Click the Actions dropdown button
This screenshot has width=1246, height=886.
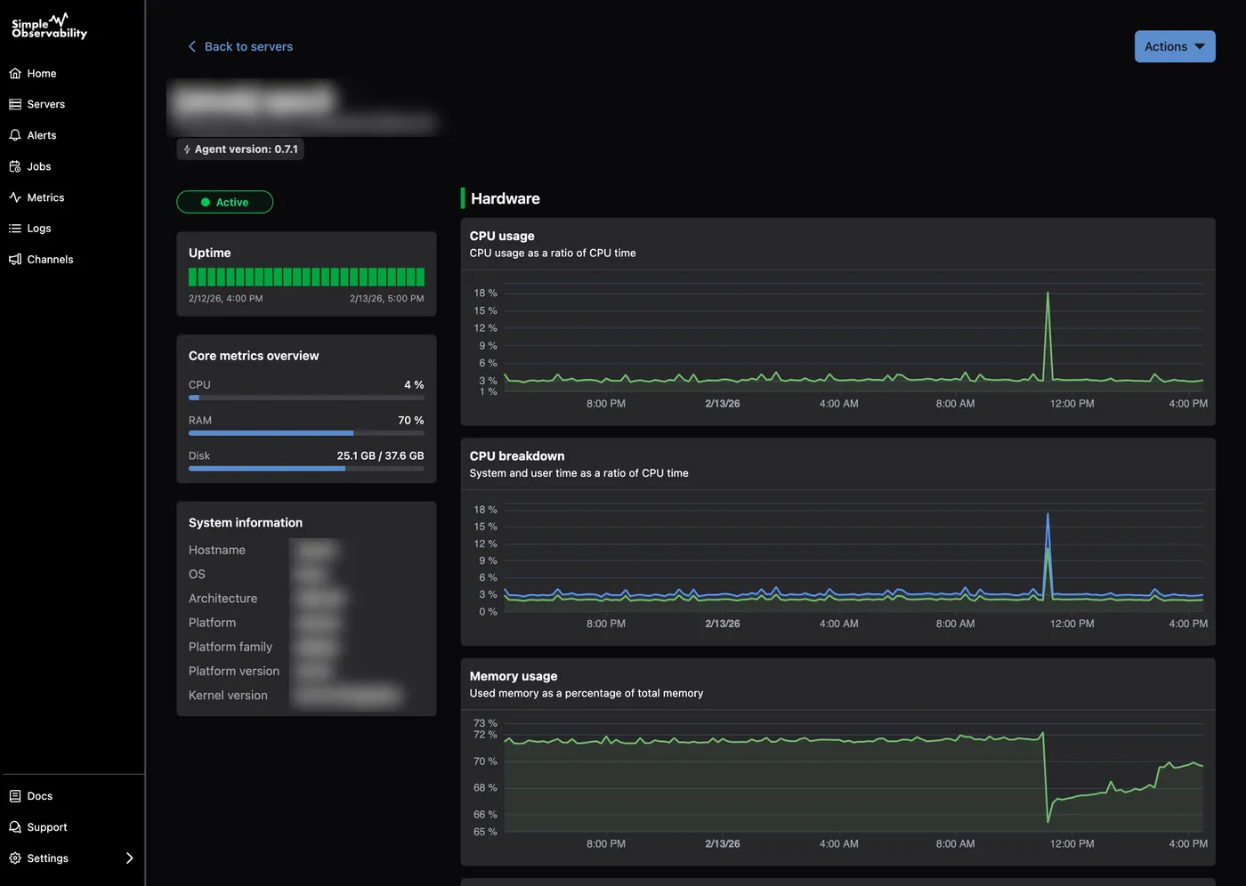click(1174, 47)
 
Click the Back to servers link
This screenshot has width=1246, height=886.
click(240, 47)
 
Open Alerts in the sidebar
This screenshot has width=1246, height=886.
click(41, 135)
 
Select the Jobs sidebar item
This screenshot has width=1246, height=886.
click(38, 166)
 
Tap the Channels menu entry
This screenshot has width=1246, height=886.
click(50, 260)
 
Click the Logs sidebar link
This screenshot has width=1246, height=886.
click(38, 229)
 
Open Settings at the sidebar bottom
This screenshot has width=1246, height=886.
click(47, 858)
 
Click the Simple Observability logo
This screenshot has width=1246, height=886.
click(49, 27)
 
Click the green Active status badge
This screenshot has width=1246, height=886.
click(225, 203)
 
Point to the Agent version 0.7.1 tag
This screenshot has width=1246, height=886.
click(240, 149)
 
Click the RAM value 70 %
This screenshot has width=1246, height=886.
click(410, 421)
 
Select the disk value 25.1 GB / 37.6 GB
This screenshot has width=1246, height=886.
click(380, 456)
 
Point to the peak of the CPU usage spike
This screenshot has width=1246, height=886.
click(1048, 294)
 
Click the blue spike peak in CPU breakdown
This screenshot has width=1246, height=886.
click(1048, 514)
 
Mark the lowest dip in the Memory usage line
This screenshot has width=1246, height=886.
click(1049, 821)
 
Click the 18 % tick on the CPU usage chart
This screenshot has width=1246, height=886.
click(485, 294)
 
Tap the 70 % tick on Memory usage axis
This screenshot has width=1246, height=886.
click(485, 761)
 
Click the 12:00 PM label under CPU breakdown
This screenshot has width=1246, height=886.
click(1072, 624)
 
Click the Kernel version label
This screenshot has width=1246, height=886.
click(228, 696)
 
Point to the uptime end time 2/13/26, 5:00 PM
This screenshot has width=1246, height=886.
click(386, 299)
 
